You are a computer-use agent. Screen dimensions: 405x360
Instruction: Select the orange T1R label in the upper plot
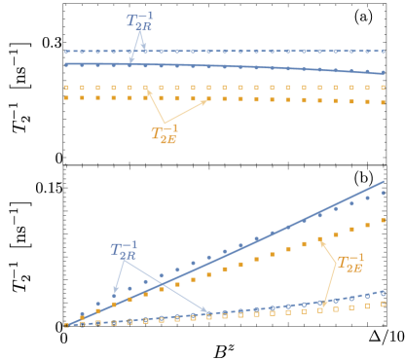[164, 134]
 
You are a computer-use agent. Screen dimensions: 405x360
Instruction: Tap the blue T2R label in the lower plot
[124, 250]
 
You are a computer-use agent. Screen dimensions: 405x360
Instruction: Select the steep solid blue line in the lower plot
[243, 245]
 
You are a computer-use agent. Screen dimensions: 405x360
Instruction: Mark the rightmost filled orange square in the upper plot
[383, 101]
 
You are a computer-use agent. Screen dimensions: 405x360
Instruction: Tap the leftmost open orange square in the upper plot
[66, 88]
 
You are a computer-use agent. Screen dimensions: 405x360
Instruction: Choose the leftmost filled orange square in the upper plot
[66, 97]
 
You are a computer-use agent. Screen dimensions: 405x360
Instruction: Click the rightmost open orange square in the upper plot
[383, 88]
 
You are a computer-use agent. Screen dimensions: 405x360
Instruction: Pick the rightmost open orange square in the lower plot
[383, 304]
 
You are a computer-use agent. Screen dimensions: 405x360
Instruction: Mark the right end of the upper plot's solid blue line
[384, 73]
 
